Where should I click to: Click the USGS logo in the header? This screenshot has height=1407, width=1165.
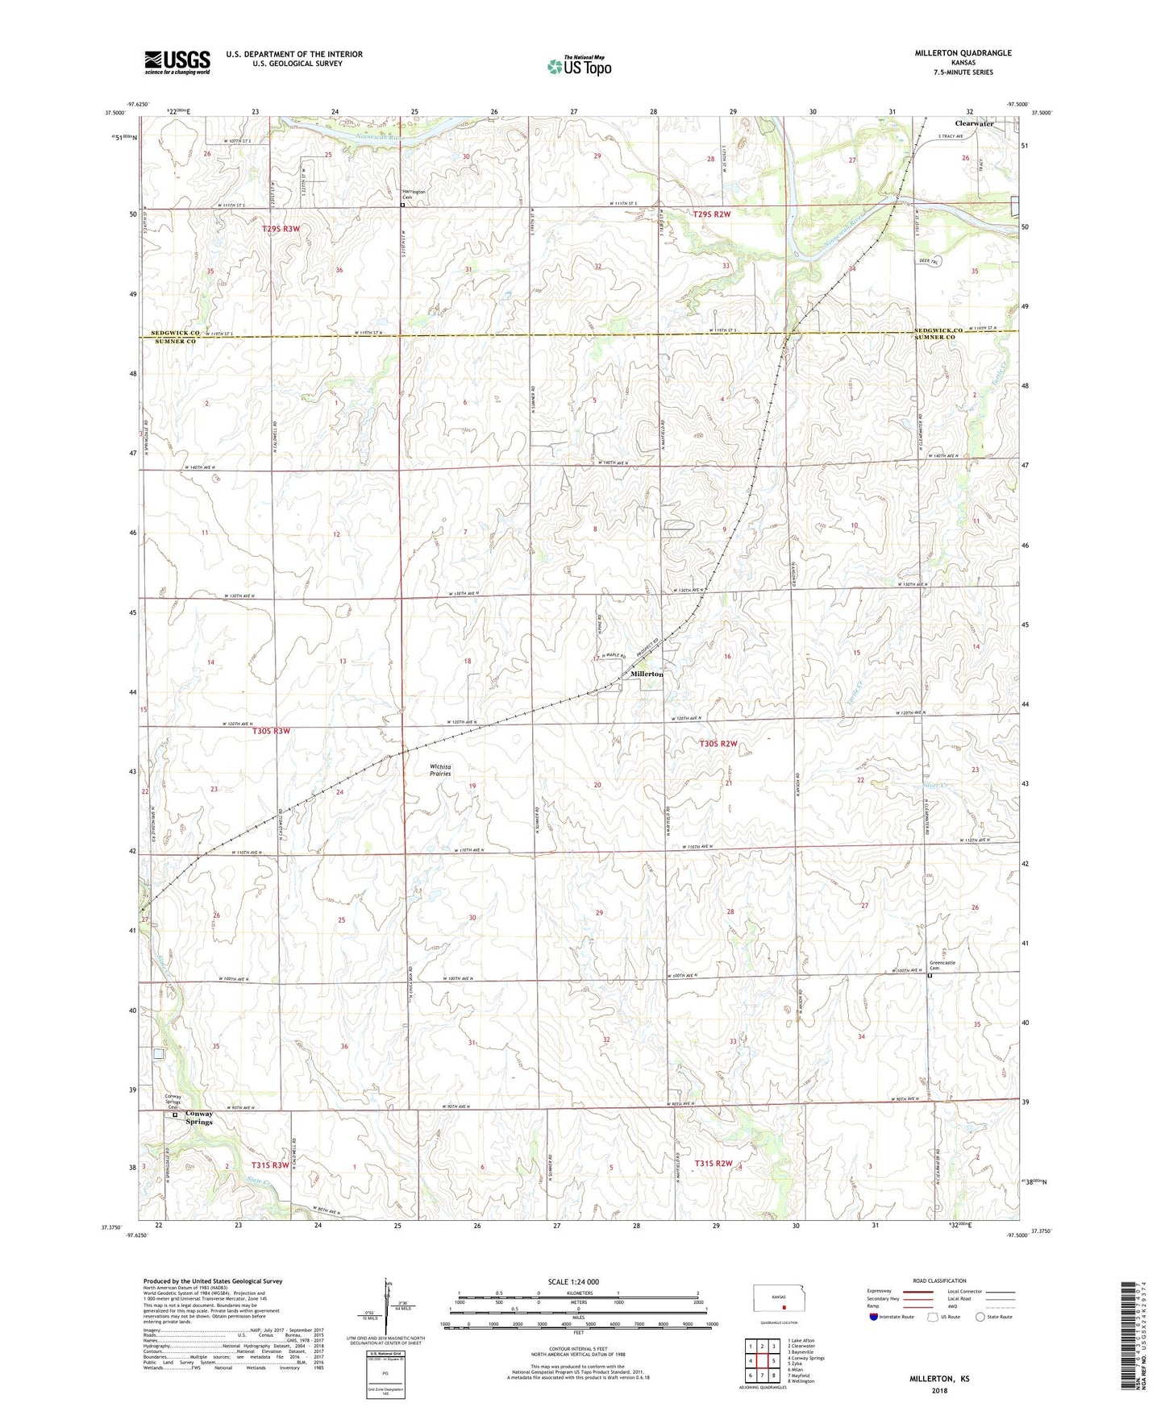[x=177, y=61]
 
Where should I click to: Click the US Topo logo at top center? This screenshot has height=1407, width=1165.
[x=578, y=65]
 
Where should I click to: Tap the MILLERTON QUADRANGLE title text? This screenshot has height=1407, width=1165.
[x=963, y=53]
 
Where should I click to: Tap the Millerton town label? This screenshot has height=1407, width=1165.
[x=647, y=674]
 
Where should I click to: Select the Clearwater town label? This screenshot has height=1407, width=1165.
[x=974, y=123]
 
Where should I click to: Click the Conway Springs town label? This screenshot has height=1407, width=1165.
[x=199, y=1117]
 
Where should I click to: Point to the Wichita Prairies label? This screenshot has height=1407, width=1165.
[x=440, y=770]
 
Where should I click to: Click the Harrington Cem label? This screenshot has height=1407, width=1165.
[x=414, y=194]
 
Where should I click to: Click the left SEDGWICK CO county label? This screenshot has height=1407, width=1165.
[x=173, y=332]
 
